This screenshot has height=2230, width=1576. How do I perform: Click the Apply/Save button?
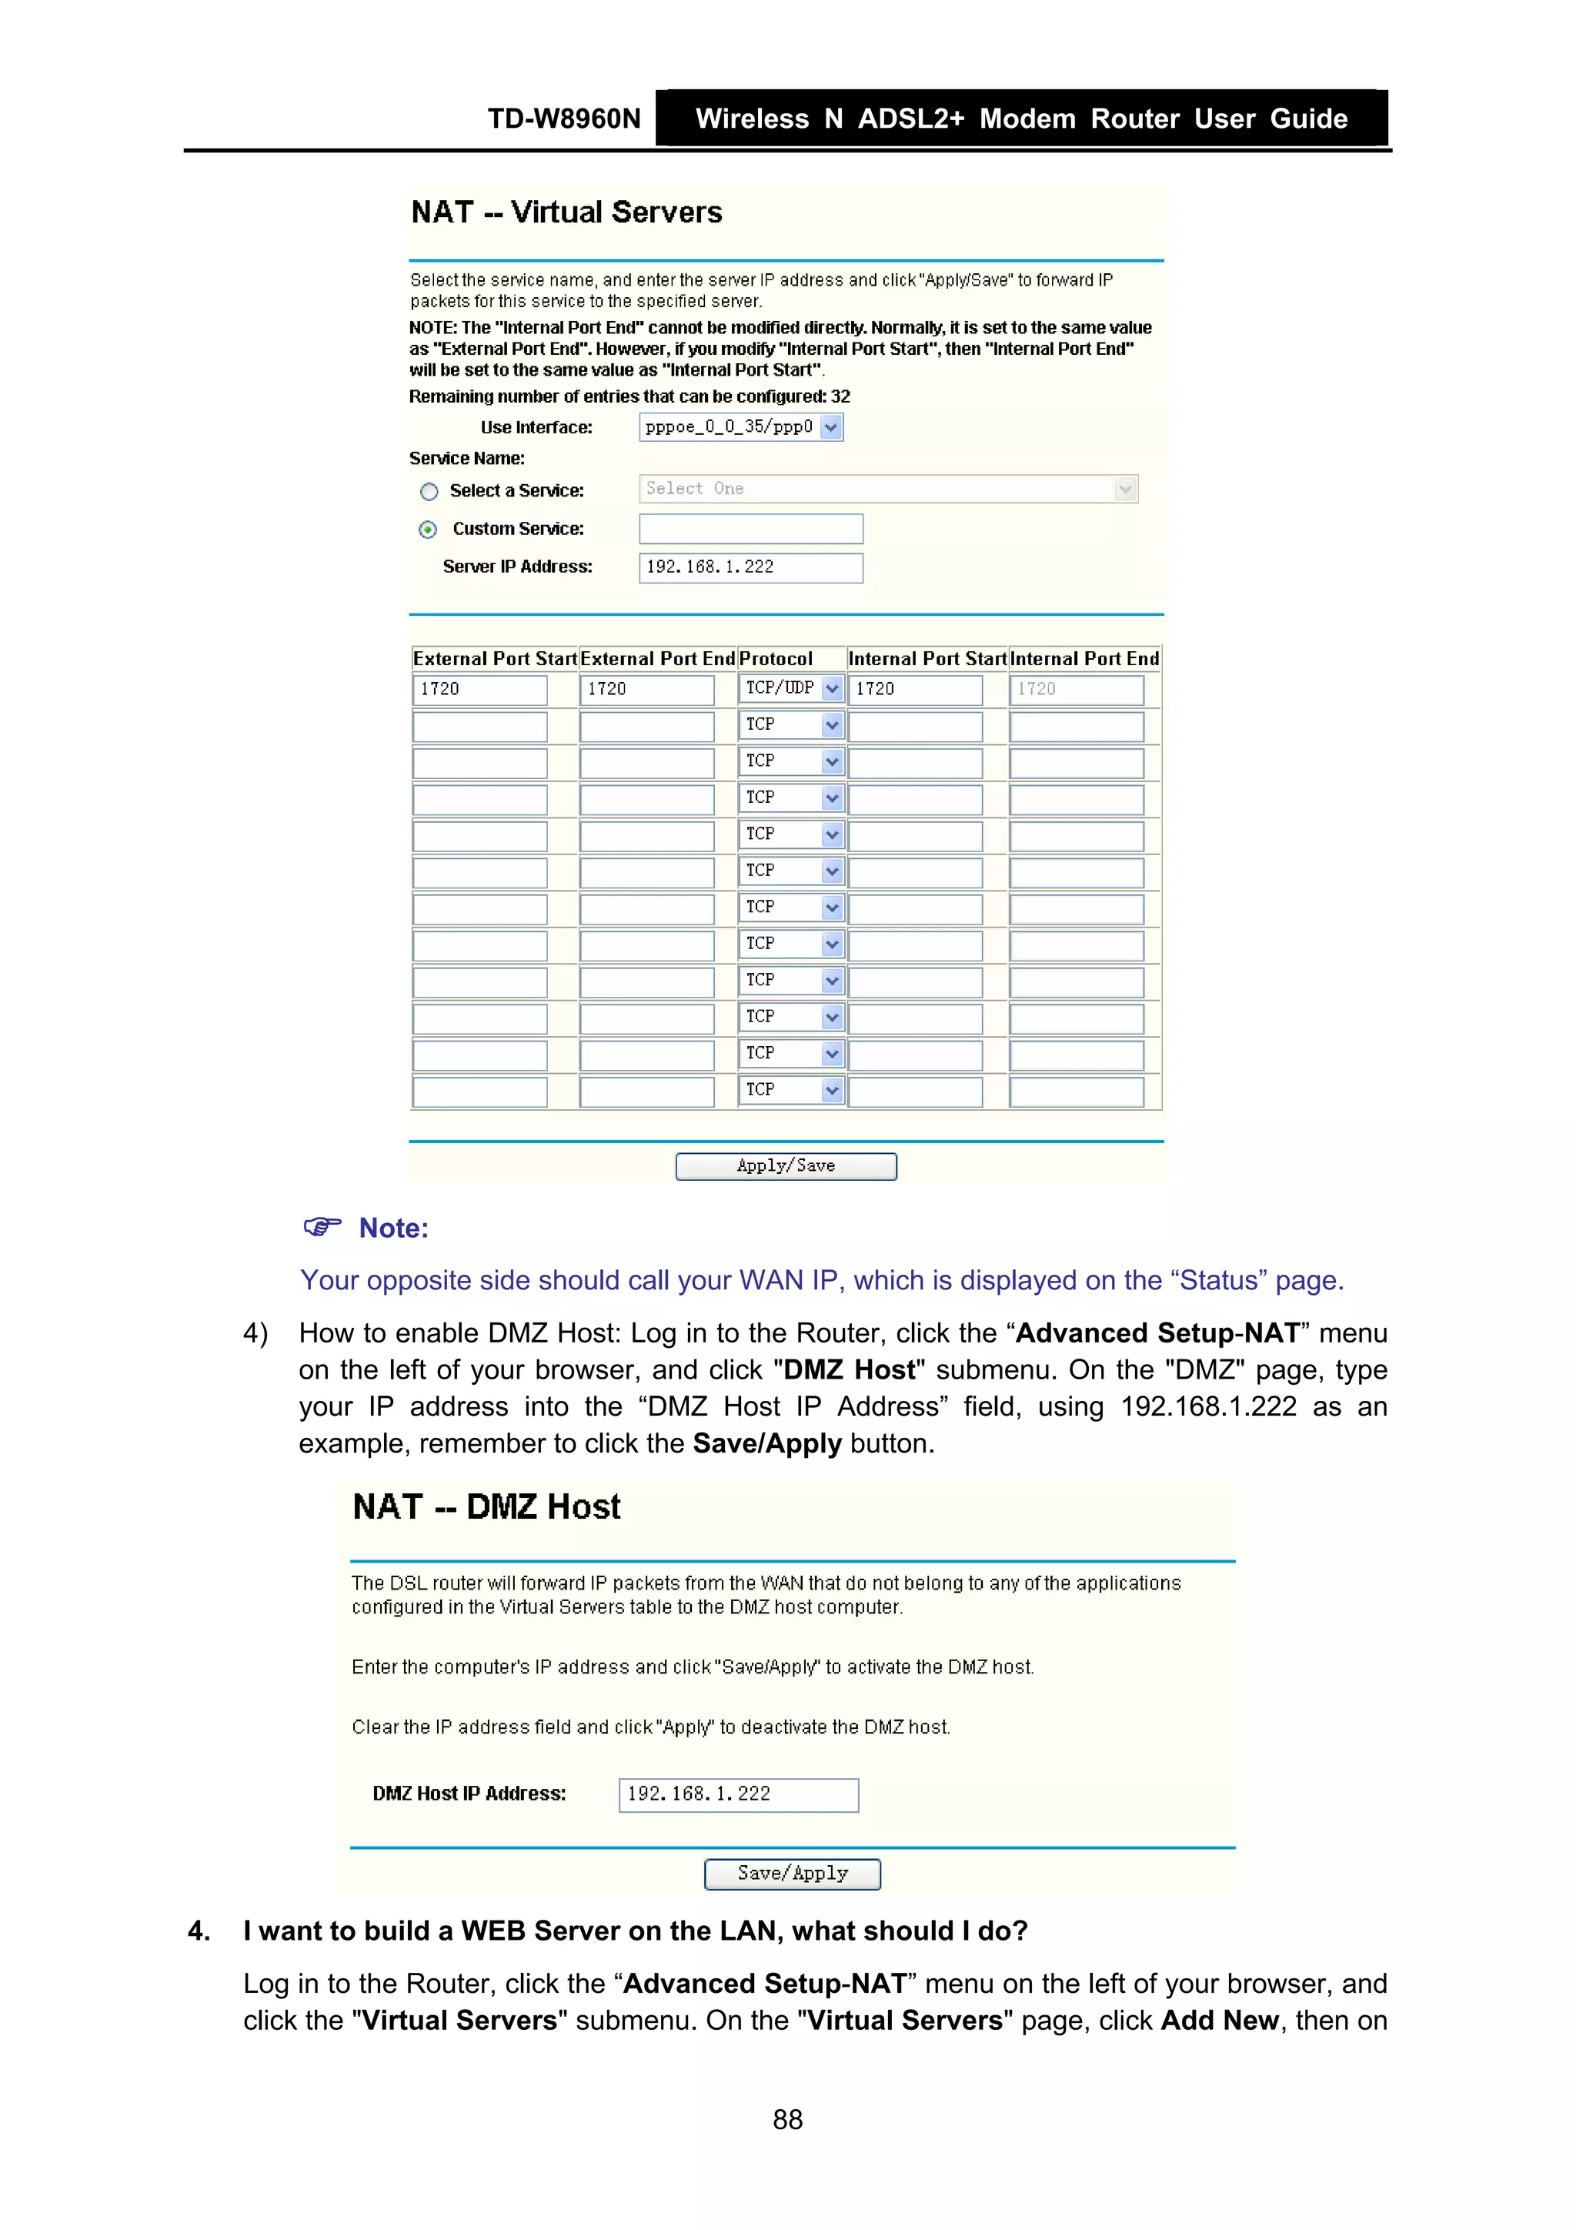pyautogui.click(x=786, y=1165)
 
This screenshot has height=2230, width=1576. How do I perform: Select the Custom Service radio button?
pyautogui.click(x=428, y=530)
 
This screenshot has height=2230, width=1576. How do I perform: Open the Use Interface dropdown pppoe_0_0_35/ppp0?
pyautogui.click(x=740, y=427)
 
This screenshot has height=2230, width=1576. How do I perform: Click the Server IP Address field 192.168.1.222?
pyautogui.click(x=750, y=567)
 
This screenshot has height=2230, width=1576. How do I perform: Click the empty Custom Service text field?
pyautogui.click(x=750, y=530)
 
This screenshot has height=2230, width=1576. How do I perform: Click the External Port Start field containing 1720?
pyautogui.click(x=479, y=690)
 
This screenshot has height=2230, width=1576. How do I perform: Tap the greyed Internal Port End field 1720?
pyautogui.click(x=1076, y=690)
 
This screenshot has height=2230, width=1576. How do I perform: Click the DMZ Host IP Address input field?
pyautogui.click(x=738, y=1794)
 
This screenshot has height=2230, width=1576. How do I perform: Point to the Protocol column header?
pyautogui.click(x=775, y=658)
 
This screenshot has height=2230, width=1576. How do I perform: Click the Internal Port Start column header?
pyautogui.click(x=927, y=658)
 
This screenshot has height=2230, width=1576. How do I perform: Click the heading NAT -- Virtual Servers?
pyautogui.click(x=566, y=212)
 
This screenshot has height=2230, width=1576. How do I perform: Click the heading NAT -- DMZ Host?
pyautogui.click(x=486, y=1506)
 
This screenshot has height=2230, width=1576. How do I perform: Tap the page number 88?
pyautogui.click(x=787, y=2119)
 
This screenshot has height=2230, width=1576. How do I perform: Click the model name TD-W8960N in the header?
pyautogui.click(x=563, y=119)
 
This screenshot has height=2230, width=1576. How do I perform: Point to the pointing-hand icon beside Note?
pyautogui.click(x=322, y=1227)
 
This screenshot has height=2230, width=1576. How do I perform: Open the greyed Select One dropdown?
pyautogui.click(x=887, y=489)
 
